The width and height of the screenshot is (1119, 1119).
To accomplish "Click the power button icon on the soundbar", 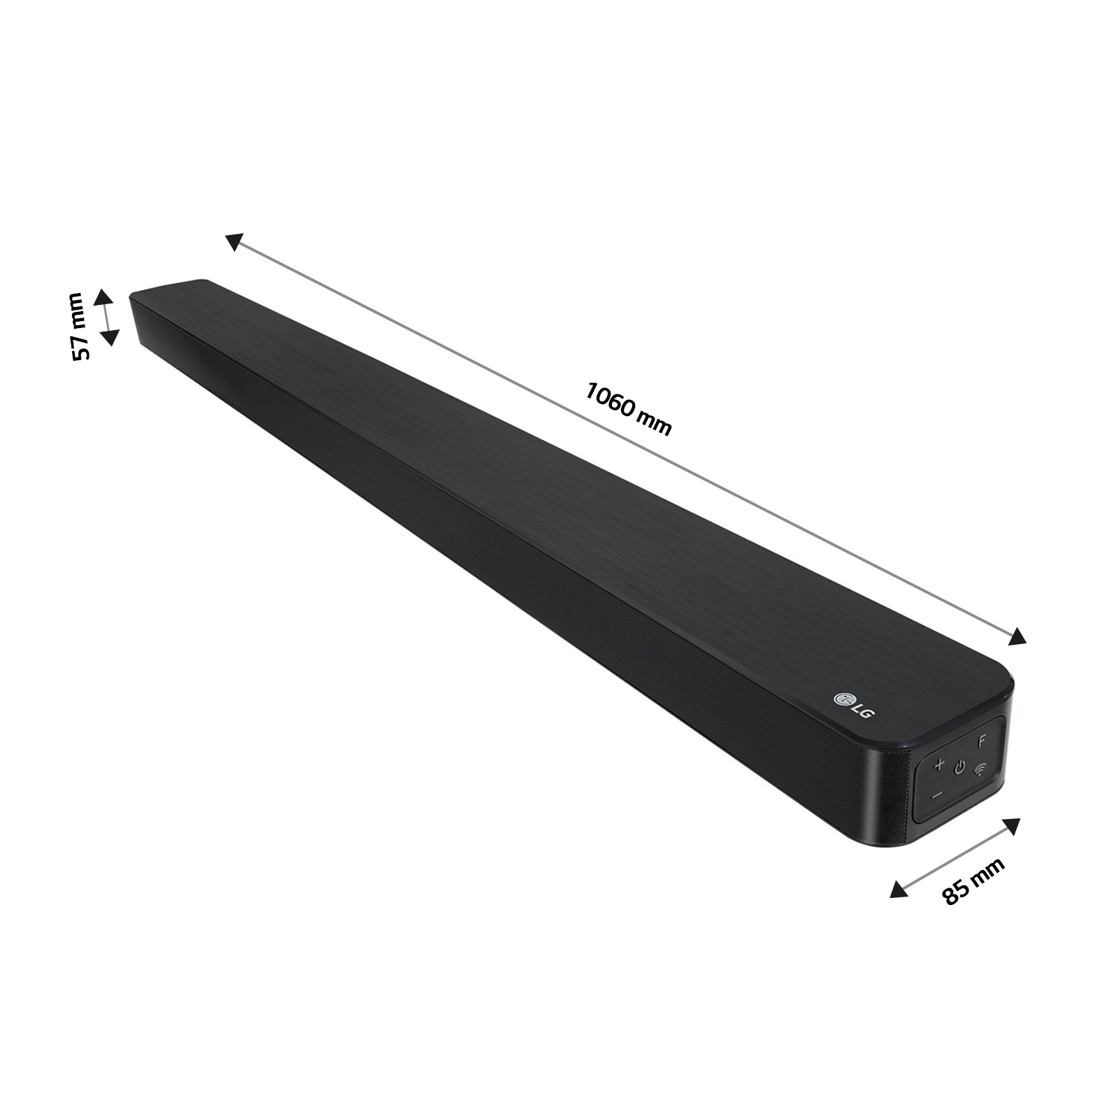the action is point(960,768).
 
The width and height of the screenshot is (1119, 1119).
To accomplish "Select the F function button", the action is point(982,741).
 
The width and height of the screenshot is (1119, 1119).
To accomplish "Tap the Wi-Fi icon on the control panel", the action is point(981,770).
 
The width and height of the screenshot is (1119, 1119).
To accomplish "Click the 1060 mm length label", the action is point(628,408).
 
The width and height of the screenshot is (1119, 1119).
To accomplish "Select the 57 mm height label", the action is point(80,327).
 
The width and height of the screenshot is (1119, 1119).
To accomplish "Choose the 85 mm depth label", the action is point(974,881).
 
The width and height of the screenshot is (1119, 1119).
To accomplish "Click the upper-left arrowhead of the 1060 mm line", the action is point(234,241).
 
